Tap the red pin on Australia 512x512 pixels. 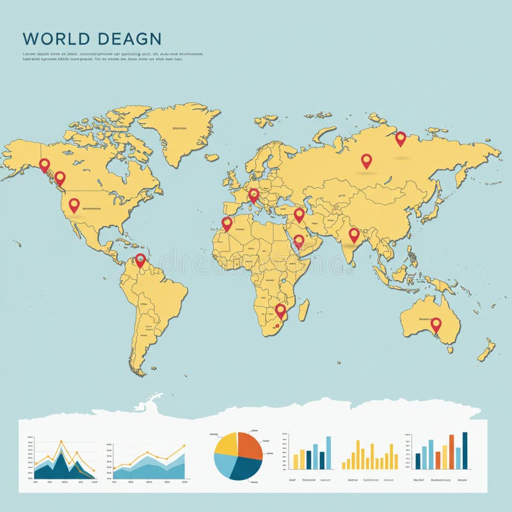pyautogui.click(x=436, y=324)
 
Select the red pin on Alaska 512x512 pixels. pyautogui.click(x=44, y=164)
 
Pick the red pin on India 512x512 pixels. pyautogui.click(x=354, y=234)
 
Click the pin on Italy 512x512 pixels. pyautogui.click(x=253, y=194)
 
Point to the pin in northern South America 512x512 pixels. pyautogui.click(x=140, y=259)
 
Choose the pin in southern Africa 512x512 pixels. pyautogui.click(x=280, y=310)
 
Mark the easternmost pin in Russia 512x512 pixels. pyautogui.click(x=401, y=138)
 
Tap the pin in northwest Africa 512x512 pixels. pyautogui.click(x=227, y=223)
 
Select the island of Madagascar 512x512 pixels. pyautogui.click(x=303, y=310)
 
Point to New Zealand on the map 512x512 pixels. pyautogui.click(x=486, y=349)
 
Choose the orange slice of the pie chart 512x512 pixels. pyautogui.click(x=250, y=446)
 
